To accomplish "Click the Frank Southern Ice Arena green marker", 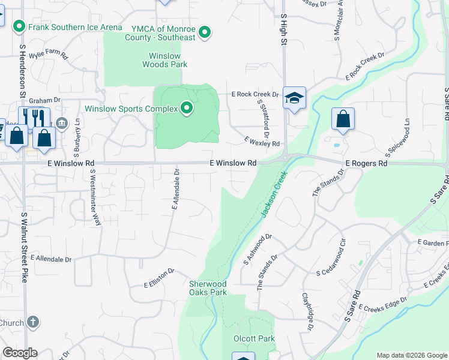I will click(x=19, y=26).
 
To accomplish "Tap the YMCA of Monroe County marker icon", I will click(x=205, y=32).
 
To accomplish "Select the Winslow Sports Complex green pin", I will click(x=187, y=109).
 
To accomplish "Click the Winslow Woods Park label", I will click(x=164, y=60).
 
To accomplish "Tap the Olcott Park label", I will click(x=254, y=339).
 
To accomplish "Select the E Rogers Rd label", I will click(x=366, y=163).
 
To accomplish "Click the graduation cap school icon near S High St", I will click(x=295, y=99).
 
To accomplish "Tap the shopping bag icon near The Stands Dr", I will click(x=343, y=119).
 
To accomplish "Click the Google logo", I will click(x=20, y=353).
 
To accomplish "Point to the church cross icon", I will click(x=32, y=322).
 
